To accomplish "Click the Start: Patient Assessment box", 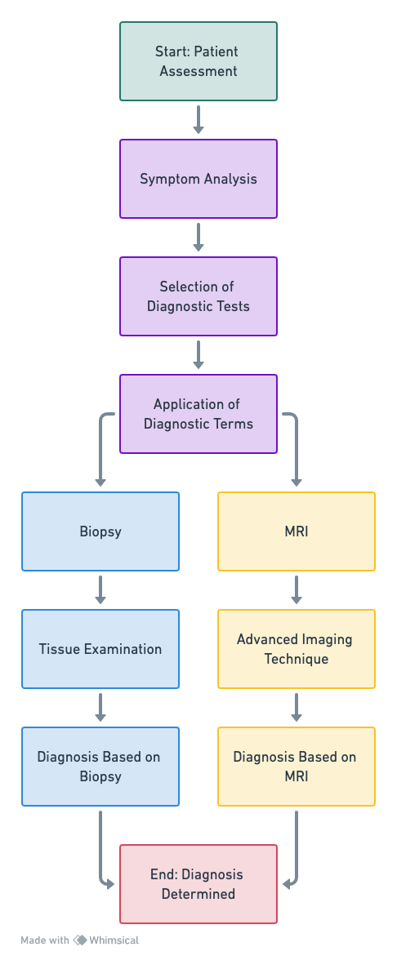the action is pos(198,61).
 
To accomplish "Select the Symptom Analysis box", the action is pos(198,179).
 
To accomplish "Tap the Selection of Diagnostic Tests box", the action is pos(198,296).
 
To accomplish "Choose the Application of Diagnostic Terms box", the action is pos(198,414).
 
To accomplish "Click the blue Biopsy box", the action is pos(100,531).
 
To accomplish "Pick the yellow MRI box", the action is pos(297,531).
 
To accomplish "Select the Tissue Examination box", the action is pos(100,649).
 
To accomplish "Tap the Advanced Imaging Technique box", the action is pos(297,649).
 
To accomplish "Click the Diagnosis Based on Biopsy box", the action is pos(100,767).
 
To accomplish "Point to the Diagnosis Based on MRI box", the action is pos(297,767).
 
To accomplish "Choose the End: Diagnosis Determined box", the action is pos(198,884).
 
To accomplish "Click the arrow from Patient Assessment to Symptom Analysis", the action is pos(198,119).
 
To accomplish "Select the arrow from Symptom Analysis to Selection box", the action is pos(198,238).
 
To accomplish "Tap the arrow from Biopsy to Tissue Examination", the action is pos(100,589).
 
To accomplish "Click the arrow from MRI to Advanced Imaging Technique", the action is pos(297,589).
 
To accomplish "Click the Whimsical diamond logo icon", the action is pos(80,940).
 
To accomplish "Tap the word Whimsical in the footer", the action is pos(114,940).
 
